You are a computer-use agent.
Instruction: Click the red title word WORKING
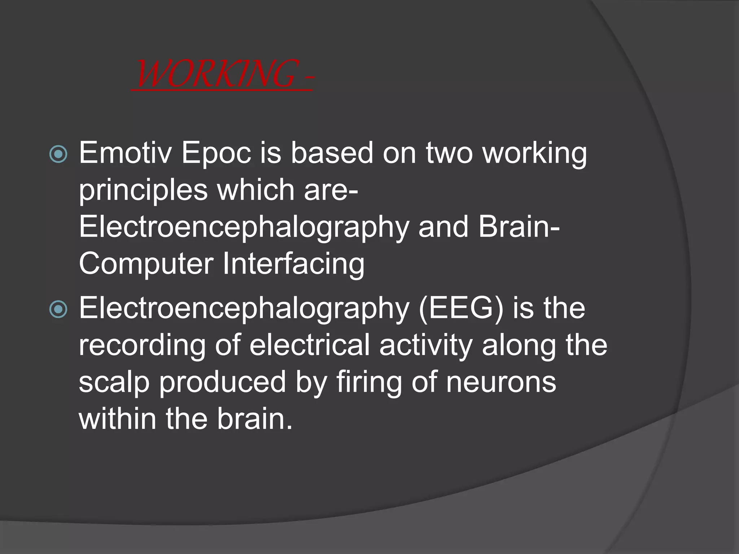217,74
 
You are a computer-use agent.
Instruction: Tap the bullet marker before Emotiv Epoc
58,154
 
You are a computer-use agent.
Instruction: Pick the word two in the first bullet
449,153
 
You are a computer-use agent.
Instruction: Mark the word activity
426,346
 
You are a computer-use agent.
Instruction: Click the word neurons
501,382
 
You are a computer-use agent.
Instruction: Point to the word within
118,419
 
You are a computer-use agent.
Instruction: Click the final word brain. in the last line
255,419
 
